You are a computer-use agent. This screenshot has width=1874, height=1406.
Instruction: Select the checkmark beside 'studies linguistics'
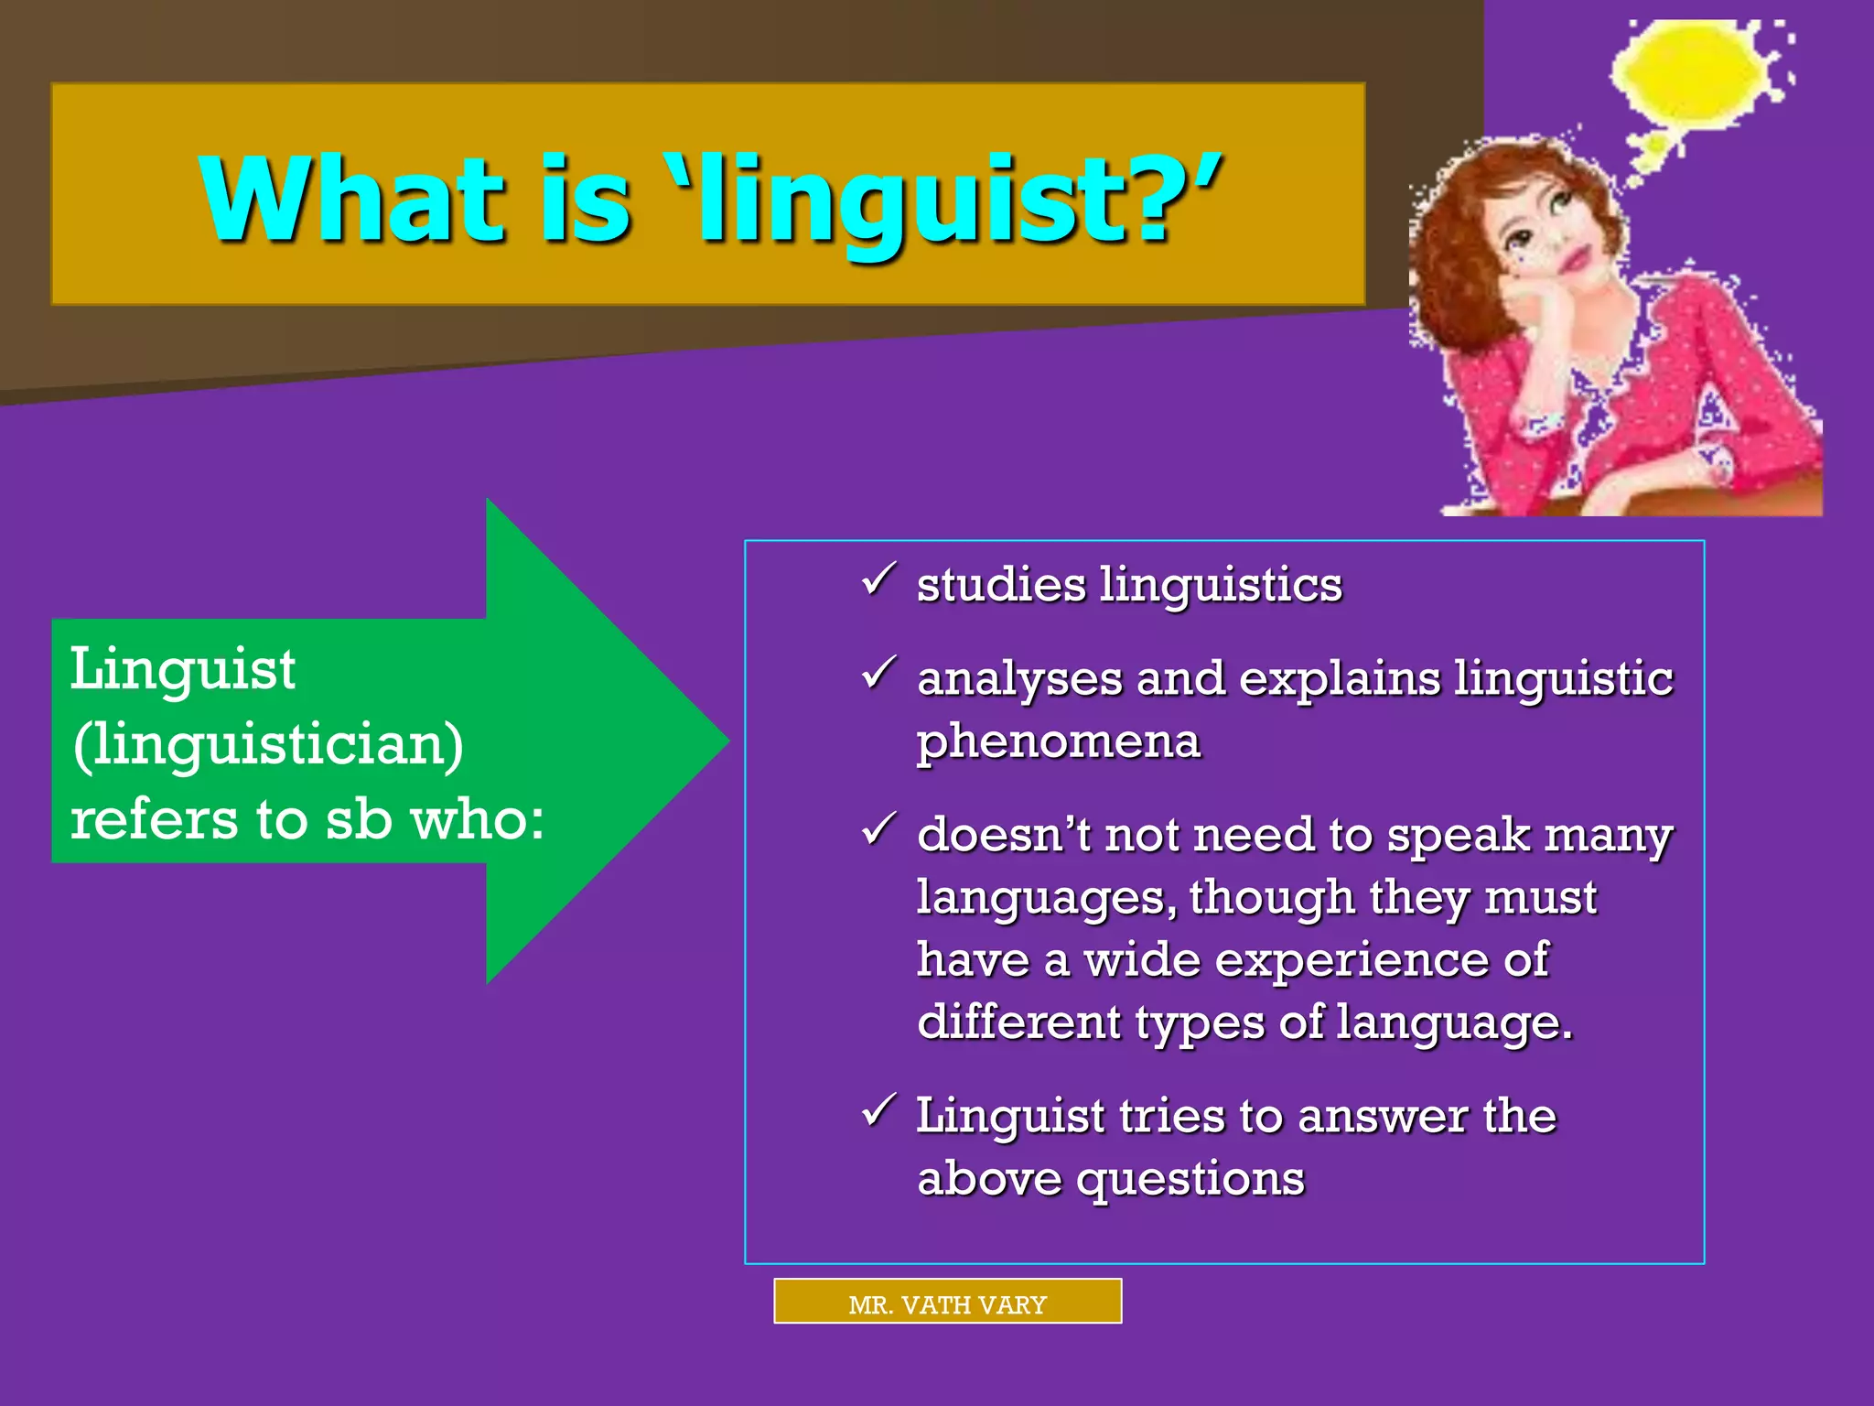[x=878, y=580]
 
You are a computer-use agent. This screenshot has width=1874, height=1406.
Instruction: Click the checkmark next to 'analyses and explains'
[x=878, y=674]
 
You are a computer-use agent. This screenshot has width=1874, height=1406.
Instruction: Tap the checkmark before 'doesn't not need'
[x=878, y=830]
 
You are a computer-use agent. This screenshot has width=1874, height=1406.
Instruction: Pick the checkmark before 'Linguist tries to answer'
[x=878, y=1111]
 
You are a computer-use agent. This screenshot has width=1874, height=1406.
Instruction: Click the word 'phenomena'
[x=1059, y=741]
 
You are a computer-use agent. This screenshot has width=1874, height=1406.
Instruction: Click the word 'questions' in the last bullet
[x=1190, y=1178]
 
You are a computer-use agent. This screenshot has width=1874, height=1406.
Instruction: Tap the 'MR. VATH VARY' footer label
[x=947, y=1303]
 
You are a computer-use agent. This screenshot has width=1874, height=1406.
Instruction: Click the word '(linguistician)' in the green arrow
[x=268, y=743]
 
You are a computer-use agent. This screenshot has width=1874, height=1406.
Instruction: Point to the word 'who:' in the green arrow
[x=477, y=818]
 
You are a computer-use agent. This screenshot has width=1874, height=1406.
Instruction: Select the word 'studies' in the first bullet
[x=1001, y=585]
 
